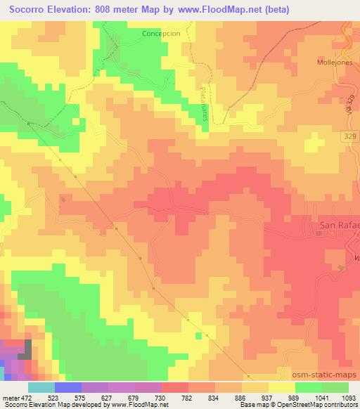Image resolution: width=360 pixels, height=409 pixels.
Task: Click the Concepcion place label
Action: point(161,33)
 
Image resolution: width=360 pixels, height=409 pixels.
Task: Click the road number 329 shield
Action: point(350,134)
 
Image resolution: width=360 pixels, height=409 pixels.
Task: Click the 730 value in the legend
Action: point(161,398)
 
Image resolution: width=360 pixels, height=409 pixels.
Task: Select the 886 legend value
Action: point(241,398)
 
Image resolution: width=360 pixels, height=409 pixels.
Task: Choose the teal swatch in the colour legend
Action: point(41,387)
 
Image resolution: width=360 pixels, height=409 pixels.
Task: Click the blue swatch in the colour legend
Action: point(68,387)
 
